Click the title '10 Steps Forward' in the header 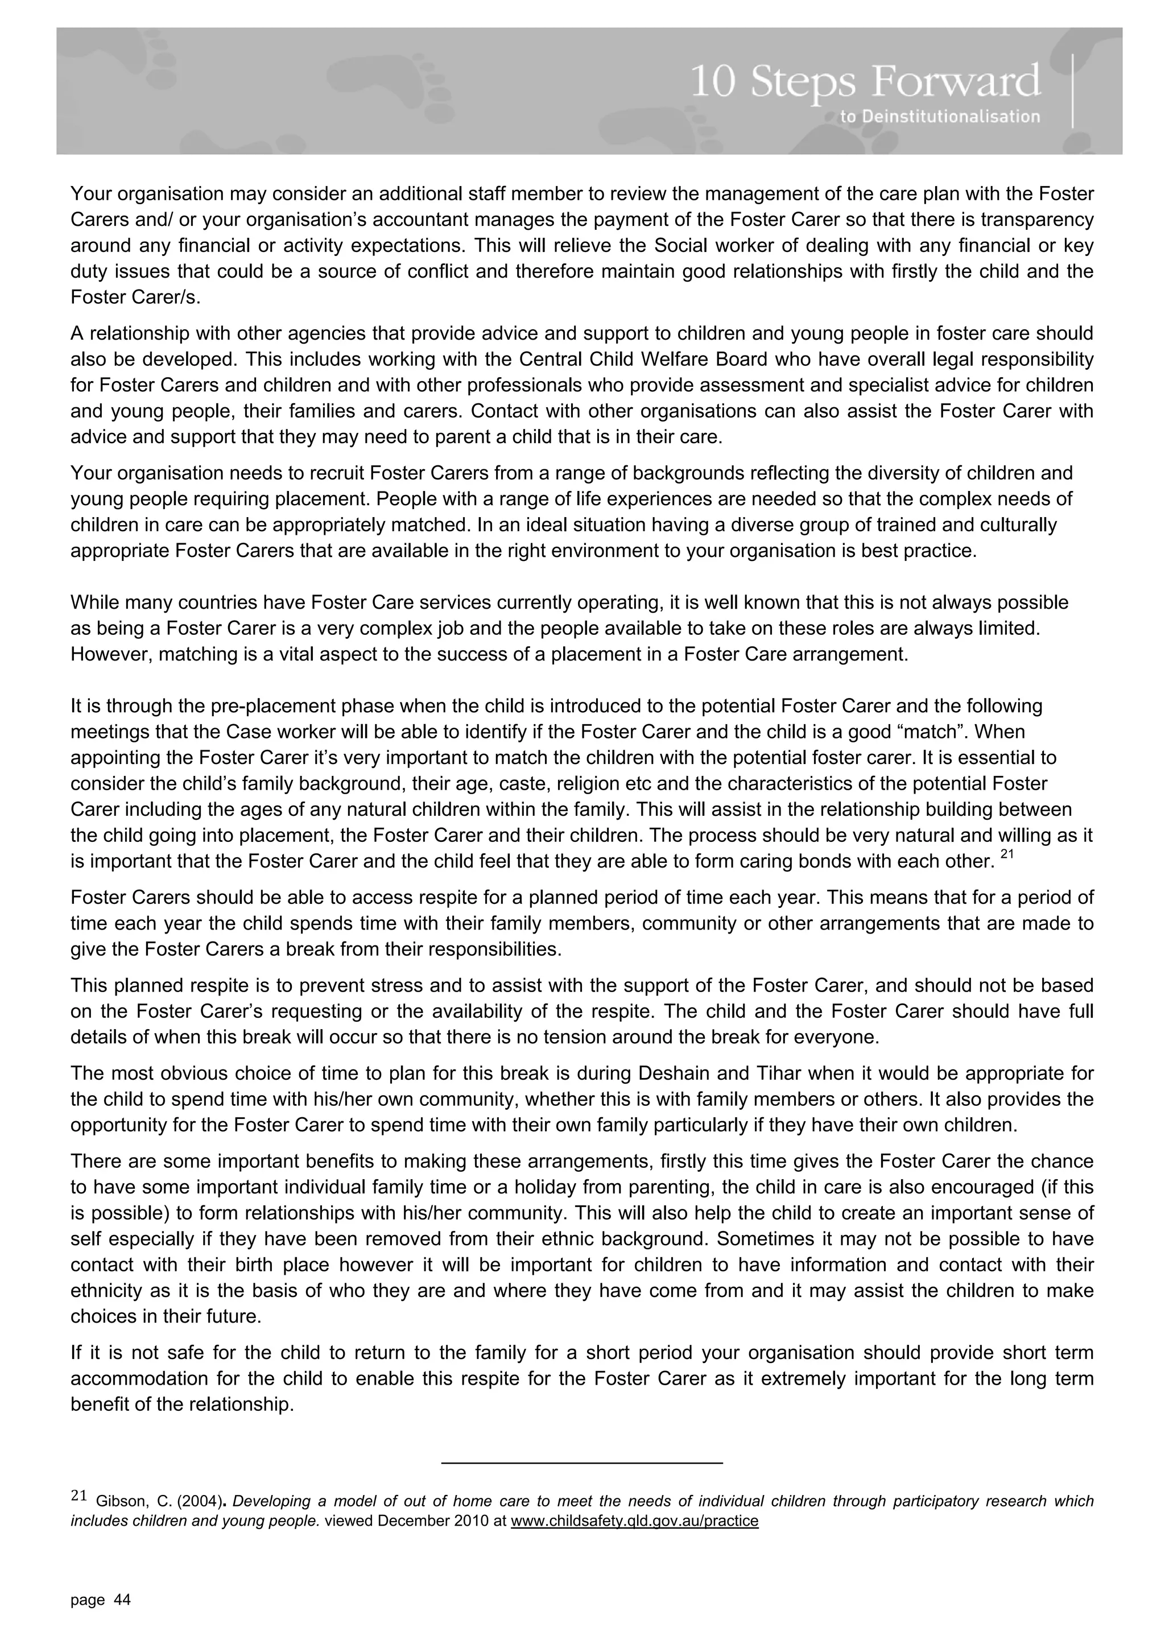tap(865, 83)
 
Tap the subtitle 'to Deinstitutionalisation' tap(939, 116)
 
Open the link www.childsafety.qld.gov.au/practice tap(634, 1520)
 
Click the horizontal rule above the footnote tap(581, 1462)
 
